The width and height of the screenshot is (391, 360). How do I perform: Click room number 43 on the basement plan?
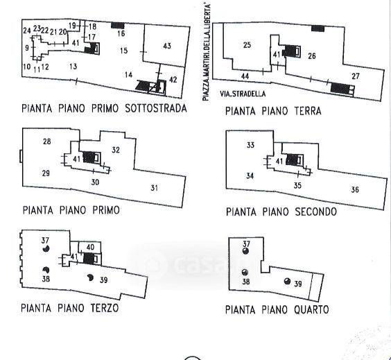pos(167,46)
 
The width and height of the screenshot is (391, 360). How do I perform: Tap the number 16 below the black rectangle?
pos(121,33)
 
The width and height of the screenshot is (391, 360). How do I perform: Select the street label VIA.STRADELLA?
pos(243,94)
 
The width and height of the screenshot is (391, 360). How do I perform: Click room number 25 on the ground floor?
pos(247,45)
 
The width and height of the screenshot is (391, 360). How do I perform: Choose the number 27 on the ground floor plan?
pos(356,76)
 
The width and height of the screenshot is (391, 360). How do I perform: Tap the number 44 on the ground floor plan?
pos(245,76)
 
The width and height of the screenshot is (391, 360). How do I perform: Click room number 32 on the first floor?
pos(116,150)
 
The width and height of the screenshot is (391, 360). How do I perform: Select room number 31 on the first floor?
pos(154,188)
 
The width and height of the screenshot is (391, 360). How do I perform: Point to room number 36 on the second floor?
pos(355,189)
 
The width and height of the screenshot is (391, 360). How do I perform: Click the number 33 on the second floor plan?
pos(250,145)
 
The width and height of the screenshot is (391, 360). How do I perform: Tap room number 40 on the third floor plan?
pos(90,247)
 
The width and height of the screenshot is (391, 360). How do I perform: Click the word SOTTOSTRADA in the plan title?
pos(156,108)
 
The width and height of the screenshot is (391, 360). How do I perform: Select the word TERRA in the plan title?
pos(308,111)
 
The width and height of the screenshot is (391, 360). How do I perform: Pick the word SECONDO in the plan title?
pos(316,212)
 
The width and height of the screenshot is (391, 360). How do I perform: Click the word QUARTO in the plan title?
pos(311,310)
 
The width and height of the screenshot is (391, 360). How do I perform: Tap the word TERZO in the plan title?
pos(105,308)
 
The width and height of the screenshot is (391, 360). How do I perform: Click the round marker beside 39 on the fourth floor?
pos(287,281)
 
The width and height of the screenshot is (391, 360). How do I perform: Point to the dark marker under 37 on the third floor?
pos(46,248)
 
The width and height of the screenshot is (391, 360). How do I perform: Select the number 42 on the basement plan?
pos(173,80)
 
